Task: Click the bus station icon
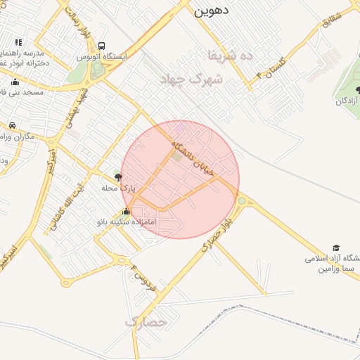[103, 45]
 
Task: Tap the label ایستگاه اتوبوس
[103, 56]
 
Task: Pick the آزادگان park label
[347, 101]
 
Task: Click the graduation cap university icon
[336, 248]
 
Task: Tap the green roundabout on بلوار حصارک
[242, 202]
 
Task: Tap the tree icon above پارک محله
[118, 178]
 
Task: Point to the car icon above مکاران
[11, 125]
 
